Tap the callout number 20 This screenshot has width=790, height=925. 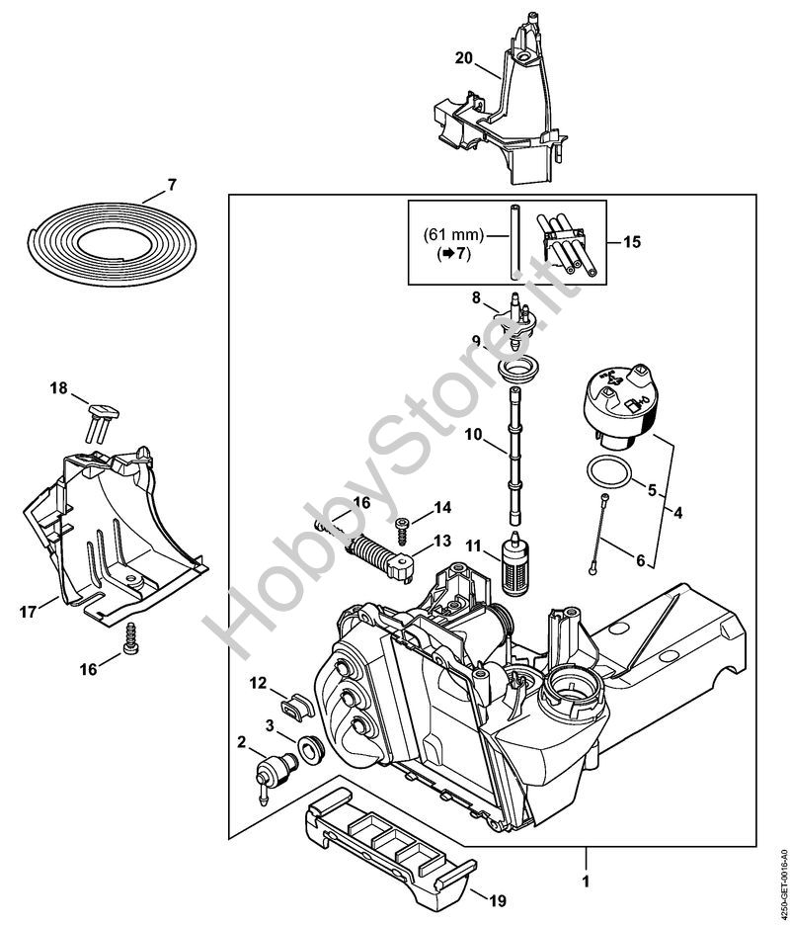(x=463, y=57)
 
